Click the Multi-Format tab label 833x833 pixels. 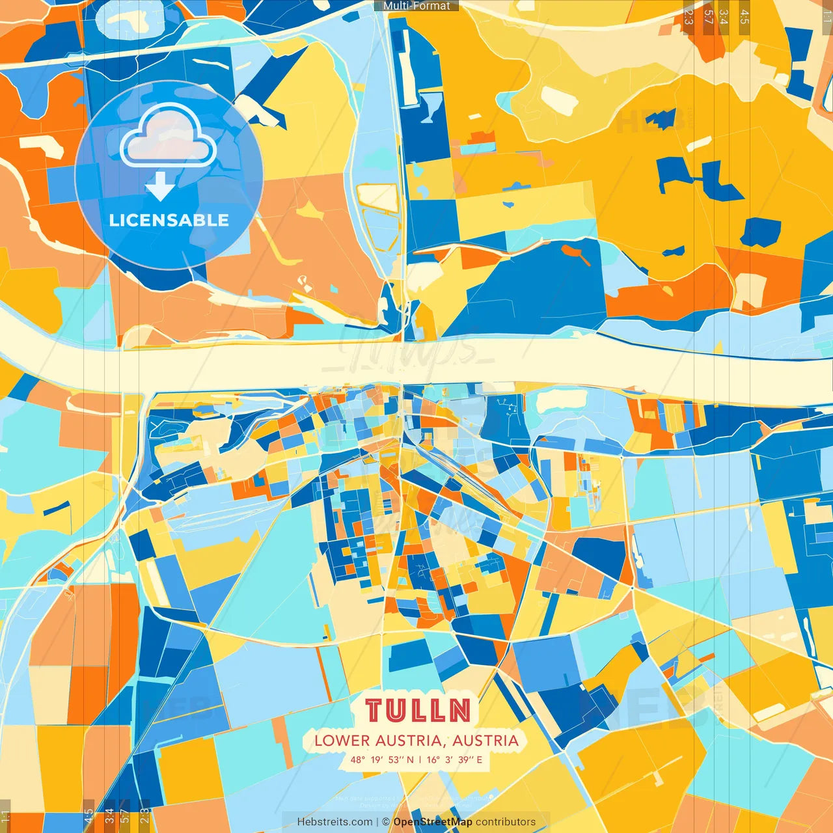(416, 6)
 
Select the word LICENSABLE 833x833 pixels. (169, 220)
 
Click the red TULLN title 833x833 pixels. (418, 711)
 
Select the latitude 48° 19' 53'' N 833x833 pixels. (382, 759)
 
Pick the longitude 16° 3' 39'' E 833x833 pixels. (454, 759)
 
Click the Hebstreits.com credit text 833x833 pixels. (335, 822)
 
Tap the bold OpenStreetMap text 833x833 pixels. (432, 822)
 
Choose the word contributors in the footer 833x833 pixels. (506, 822)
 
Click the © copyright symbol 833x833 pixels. (385, 822)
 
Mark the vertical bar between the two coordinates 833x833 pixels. (420, 759)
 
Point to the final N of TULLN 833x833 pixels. (459, 711)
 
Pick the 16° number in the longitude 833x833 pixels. (433, 759)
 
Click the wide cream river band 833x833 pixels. (260, 364)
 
